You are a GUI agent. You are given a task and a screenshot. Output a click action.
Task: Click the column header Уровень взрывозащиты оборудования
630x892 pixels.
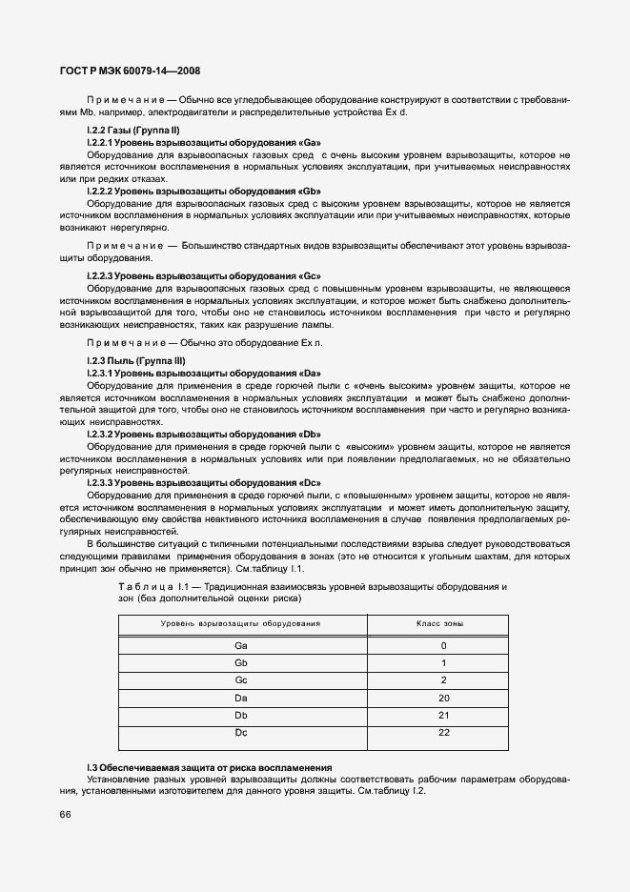(240, 622)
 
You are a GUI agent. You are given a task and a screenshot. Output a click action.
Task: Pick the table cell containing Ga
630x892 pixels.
(240, 645)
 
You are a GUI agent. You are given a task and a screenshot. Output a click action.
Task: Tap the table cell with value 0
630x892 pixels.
(443, 645)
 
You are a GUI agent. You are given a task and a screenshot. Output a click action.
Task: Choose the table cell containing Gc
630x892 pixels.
(240, 679)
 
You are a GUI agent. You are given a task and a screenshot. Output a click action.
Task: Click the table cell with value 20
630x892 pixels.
(443, 697)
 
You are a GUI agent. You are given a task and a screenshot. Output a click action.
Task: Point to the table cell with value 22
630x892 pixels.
(443, 731)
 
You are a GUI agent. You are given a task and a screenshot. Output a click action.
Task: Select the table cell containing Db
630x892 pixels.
(240, 714)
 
